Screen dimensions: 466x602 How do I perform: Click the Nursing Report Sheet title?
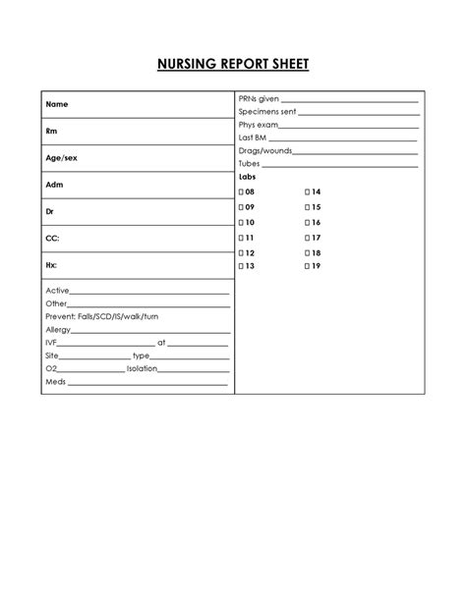[x=233, y=66]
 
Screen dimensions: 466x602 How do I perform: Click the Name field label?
[x=57, y=104]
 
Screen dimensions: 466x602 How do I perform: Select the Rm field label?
[x=51, y=131]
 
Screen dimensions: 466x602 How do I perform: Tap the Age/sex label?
[x=60, y=157]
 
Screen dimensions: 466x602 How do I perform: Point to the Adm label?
[x=54, y=185]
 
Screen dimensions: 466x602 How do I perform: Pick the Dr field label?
[x=50, y=211]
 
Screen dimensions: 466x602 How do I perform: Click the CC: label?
[x=52, y=238]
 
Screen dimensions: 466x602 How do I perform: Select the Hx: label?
[x=51, y=265]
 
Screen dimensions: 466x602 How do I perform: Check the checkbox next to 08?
[x=241, y=192]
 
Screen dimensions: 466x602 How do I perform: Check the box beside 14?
[x=308, y=192]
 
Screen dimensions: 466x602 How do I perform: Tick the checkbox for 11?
[x=241, y=238]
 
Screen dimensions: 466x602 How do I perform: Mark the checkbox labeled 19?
[x=308, y=266]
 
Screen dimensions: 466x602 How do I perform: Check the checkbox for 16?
[x=308, y=223]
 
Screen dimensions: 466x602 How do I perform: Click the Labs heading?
[x=249, y=177]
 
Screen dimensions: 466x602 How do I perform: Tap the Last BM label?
[x=254, y=138]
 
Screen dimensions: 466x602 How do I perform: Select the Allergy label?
[x=59, y=330]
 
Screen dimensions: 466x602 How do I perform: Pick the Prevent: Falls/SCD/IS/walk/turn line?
[x=101, y=317]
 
